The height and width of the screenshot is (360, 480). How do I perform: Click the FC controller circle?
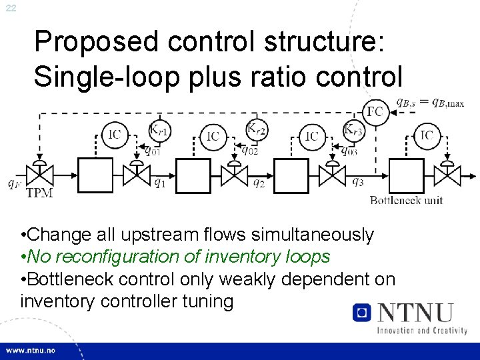click(x=375, y=111)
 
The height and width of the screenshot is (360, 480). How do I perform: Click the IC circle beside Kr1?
click(x=115, y=135)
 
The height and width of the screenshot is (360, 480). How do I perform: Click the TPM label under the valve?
click(x=39, y=193)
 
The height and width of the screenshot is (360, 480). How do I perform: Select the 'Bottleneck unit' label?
click(x=405, y=200)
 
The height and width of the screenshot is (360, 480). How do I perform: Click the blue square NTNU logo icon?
click(x=362, y=312)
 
